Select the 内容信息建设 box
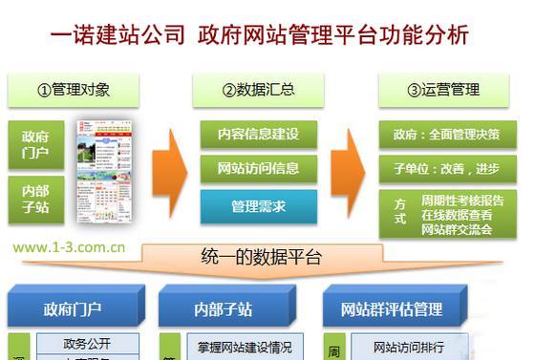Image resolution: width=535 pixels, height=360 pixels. [258, 135]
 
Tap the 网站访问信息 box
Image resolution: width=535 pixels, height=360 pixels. [258, 169]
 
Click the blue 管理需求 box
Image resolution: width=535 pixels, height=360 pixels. [258, 205]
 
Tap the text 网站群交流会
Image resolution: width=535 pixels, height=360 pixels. [461, 228]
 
